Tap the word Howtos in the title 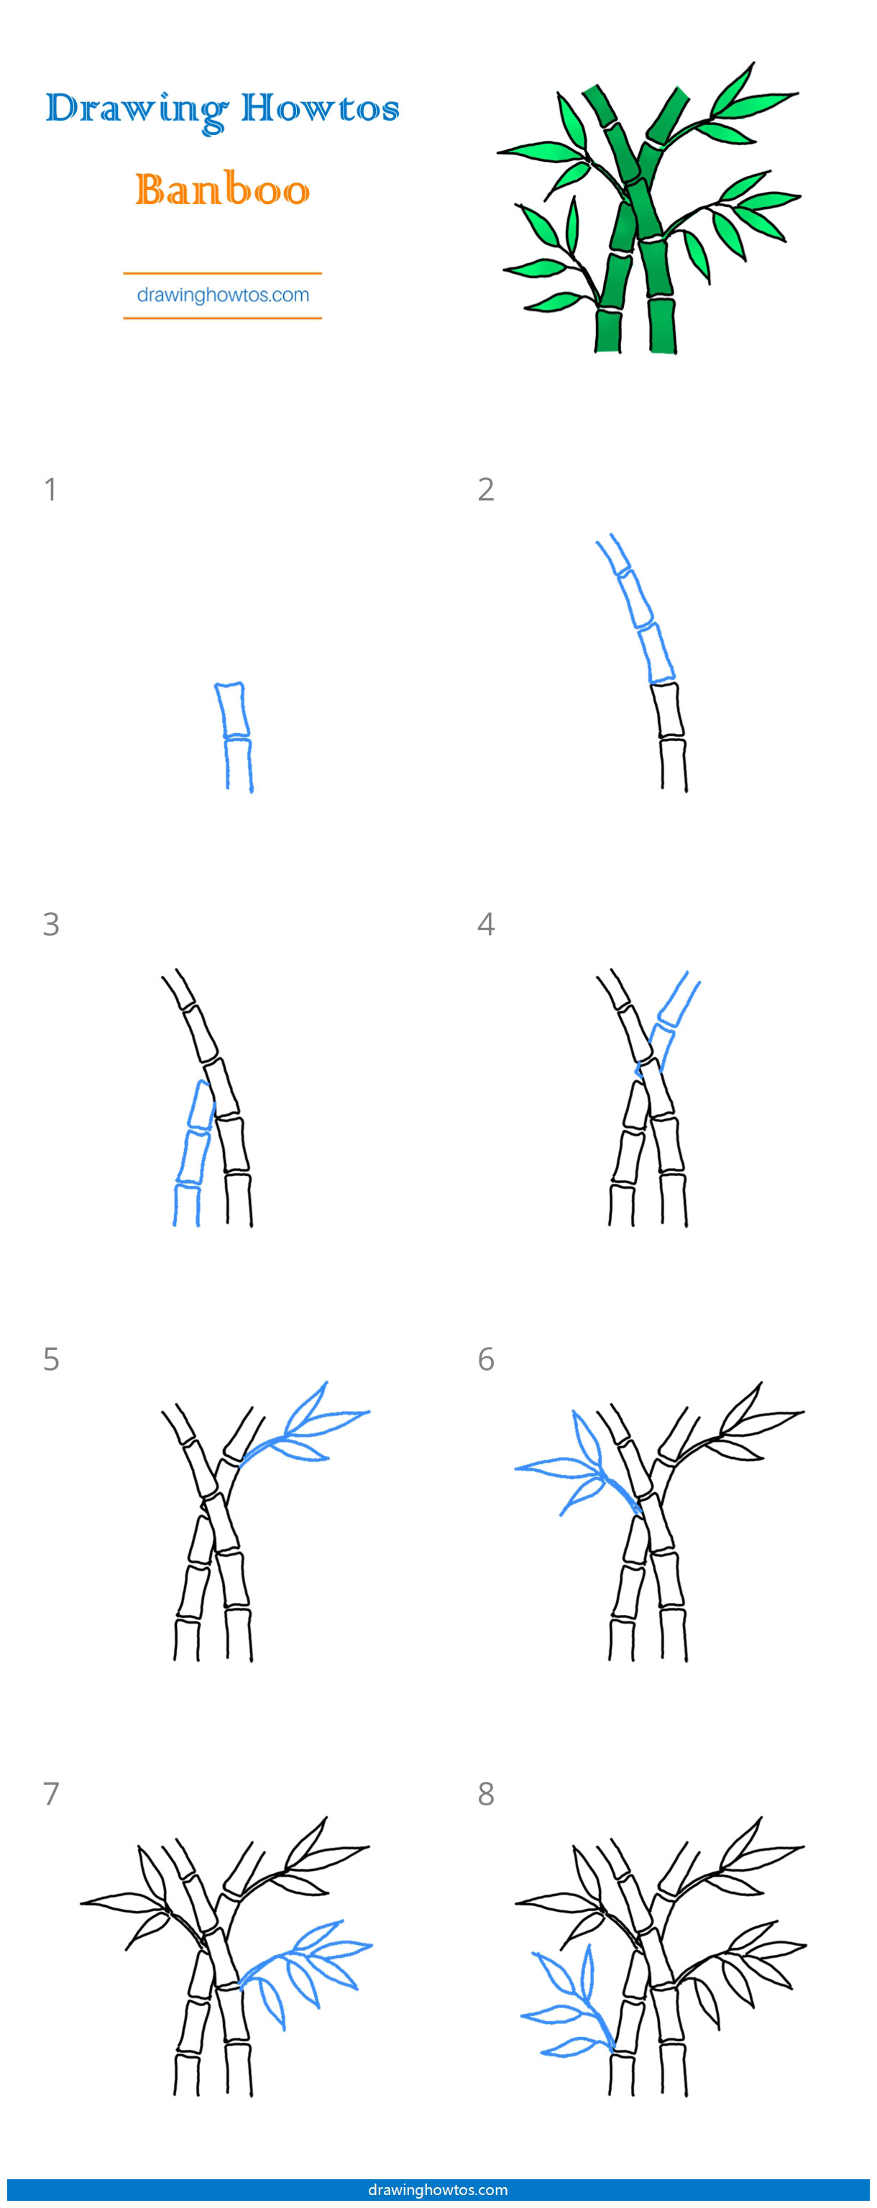click(x=320, y=109)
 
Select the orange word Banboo click(x=222, y=190)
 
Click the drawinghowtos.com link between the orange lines click(x=223, y=295)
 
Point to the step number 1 click(x=50, y=489)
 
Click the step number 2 click(x=486, y=489)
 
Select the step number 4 click(x=486, y=924)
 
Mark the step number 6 click(x=486, y=1358)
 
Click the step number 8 click(x=486, y=1793)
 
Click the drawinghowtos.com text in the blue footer click(x=438, y=2189)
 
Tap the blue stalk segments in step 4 click(x=669, y=1023)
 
